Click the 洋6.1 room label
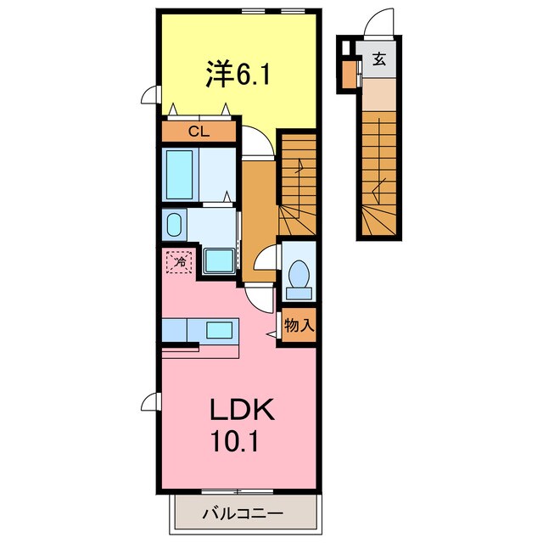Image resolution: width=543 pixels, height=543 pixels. click(x=238, y=76)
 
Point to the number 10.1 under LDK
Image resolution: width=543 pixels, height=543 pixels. click(x=241, y=443)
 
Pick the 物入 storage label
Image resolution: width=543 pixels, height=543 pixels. click(x=299, y=324)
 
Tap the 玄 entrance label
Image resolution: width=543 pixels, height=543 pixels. click(x=378, y=59)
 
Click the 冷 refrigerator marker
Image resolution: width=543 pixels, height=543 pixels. click(x=180, y=263)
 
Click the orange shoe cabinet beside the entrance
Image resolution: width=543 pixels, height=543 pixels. click(x=350, y=75)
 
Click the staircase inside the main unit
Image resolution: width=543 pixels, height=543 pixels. click(x=298, y=188)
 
